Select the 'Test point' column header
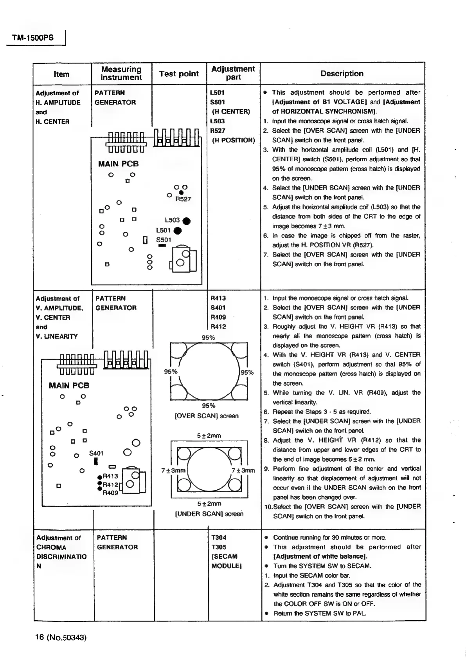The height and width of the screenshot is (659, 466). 179,74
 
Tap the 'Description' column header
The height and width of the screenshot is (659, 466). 342,74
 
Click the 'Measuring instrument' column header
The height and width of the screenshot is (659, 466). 121,73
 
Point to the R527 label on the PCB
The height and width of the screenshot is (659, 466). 183,199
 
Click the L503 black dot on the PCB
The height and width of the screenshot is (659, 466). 187,221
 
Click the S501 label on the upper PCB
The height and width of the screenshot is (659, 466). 164,240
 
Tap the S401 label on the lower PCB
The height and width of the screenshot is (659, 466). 96,453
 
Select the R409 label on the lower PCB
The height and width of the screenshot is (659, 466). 110,493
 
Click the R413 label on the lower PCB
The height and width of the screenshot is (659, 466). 110,476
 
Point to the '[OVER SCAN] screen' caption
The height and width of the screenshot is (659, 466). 207,416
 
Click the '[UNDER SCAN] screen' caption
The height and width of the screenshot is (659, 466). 209,514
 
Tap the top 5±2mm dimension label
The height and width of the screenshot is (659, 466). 209,435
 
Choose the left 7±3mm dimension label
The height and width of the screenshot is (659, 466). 173,470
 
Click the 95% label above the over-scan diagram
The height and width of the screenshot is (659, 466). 208,338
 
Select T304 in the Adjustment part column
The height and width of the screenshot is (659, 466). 219,538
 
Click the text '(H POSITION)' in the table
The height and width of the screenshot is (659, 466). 233,140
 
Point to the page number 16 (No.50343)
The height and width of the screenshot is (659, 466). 61,637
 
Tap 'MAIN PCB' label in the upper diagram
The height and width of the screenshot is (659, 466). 118,164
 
